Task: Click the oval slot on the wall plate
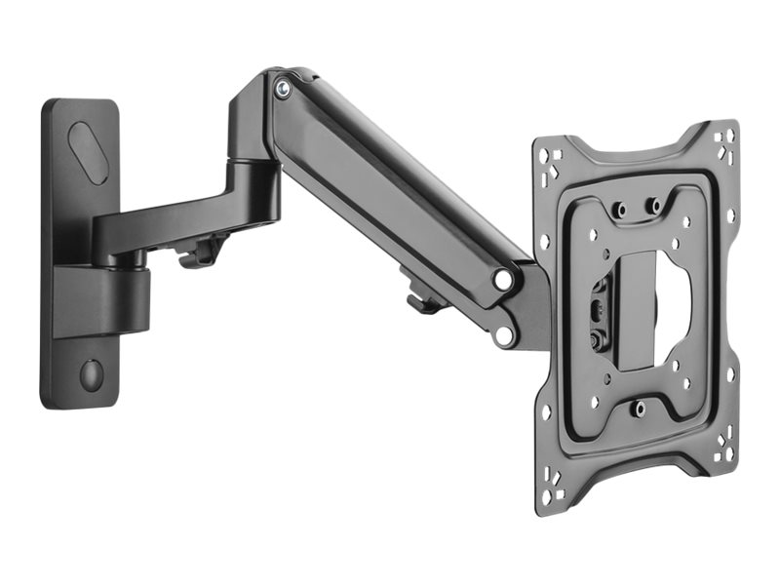pos(89,152)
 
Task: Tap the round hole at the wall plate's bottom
pos(91,374)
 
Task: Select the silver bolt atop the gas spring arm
pos(282,89)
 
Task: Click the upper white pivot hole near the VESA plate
pos(503,280)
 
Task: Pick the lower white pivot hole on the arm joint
pos(503,335)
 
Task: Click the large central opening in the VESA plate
pos(651,310)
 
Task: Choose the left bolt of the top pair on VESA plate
pos(619,210)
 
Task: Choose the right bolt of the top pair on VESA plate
pos(654,206)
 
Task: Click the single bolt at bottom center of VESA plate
pos(639,409)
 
